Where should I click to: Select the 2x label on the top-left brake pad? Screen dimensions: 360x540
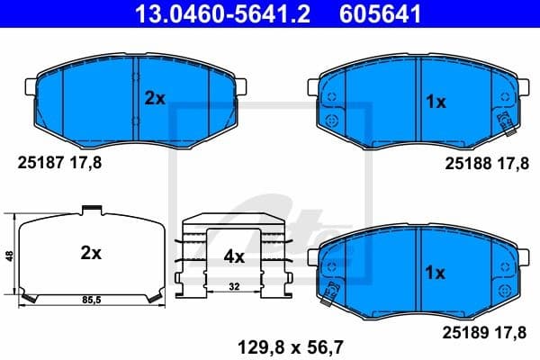click(x=155, y=100)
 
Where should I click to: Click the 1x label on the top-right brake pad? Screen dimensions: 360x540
click(x=436, y=103)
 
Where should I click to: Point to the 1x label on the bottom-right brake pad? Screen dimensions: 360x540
click(x=436, y=271)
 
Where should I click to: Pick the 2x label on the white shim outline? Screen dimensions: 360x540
click(x=90, y=254)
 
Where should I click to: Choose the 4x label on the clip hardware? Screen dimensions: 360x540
click(x=234, y=256)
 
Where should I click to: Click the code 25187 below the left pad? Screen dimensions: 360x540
click(x=40, y=163)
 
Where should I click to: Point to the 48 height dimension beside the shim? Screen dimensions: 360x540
click(x=10, y=256)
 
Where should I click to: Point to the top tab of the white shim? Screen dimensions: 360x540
click(x=90, y=210)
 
